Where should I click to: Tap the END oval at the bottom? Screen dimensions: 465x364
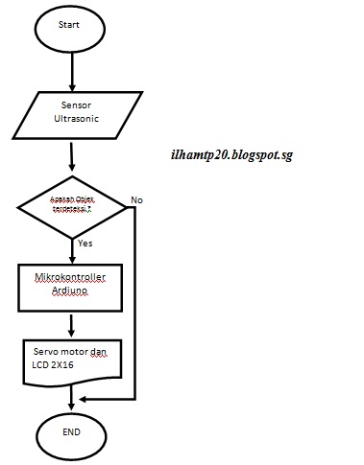72,431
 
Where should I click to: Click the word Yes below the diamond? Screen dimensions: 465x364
85,244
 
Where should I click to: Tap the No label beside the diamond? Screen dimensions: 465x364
136,199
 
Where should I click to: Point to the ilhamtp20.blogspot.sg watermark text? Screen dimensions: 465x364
229,154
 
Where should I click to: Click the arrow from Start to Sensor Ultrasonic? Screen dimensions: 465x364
73,72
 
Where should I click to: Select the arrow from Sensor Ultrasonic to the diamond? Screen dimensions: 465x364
73,155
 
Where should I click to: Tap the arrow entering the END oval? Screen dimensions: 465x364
73,395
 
